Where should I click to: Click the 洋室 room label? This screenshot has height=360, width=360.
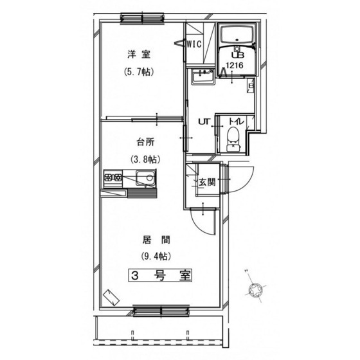click(x=139, y=55)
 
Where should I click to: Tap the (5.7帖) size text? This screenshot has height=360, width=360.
click(x=139, y=72)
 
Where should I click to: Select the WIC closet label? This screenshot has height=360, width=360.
click(x=194, y=44)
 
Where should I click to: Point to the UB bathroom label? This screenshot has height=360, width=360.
click(x=238, y=55)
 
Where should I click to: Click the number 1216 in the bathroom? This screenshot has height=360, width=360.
click(x=235, y=66)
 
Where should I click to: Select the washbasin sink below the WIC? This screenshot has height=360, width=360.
click(x=203, y=76)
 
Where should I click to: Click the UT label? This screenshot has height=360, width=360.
click(x=204, y=122)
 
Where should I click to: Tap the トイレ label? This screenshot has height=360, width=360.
click(x=237, y=122)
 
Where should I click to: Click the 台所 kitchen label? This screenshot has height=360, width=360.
click(x=145, y=142)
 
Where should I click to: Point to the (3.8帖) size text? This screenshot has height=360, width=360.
click(x=145, y=159)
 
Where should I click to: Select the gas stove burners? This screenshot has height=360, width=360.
click(x=113, y=177)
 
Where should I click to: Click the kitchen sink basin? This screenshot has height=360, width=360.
click(x=146, y=178)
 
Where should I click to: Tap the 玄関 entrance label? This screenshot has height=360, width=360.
click(x=207, y=183)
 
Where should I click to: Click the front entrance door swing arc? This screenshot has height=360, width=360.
click(x=246, y=183)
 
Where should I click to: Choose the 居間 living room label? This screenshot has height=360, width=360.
click(x=156, y=240)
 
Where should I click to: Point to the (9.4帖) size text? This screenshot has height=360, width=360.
click(x=156, y=256)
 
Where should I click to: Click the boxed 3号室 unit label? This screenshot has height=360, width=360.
click(x=160, y=275)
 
